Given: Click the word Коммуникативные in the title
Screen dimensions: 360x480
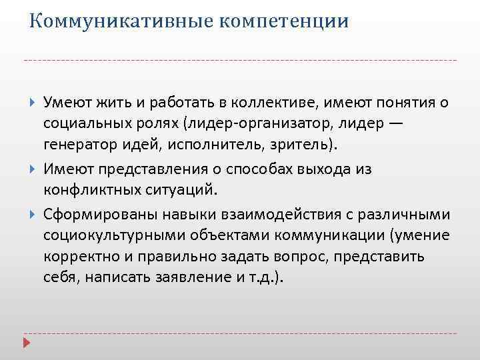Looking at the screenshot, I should [x=111, y=21].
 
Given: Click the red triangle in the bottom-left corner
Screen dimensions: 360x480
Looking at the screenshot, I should [x=28, y=344].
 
